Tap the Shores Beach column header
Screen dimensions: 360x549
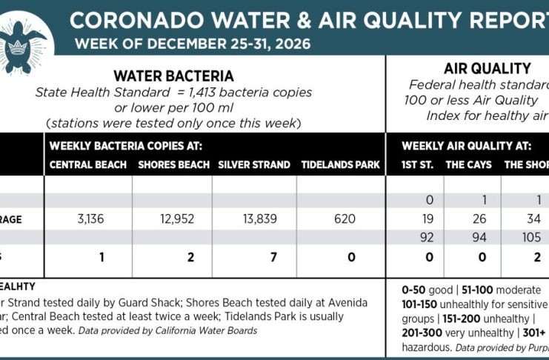(173, 164)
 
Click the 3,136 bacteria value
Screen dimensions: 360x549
(89, 219)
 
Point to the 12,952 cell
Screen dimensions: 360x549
(173, 219)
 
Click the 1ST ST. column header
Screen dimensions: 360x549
(419, 164)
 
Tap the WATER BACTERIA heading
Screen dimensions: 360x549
(173, 76)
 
